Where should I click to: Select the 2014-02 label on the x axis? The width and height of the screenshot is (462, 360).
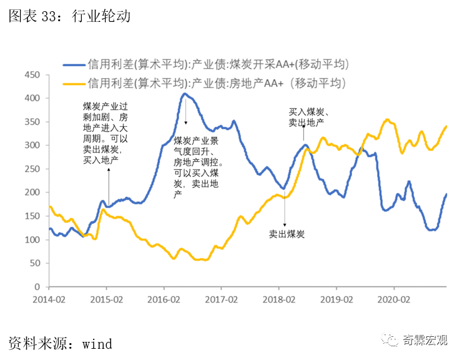coord(49,300)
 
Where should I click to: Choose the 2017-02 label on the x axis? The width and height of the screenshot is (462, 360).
coord(221,300)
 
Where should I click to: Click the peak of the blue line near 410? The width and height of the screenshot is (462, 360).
coord(184,94)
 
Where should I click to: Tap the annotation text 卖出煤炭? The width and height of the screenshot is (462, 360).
coord(287,234)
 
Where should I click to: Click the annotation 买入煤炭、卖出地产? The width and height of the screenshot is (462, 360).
coord(308,117)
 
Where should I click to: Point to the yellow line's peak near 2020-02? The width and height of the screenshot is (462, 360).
coord(388,119)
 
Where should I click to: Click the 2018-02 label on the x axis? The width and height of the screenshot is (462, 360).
coord(278,300)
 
